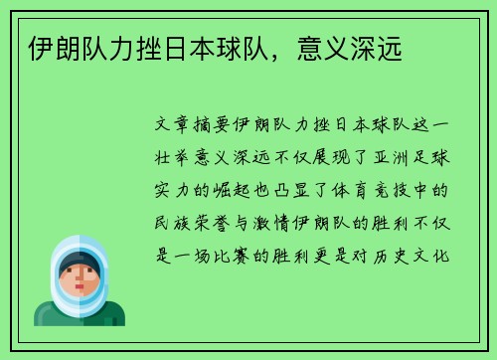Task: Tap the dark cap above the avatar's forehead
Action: (80, 260)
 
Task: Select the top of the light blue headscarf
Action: (80, 241)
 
